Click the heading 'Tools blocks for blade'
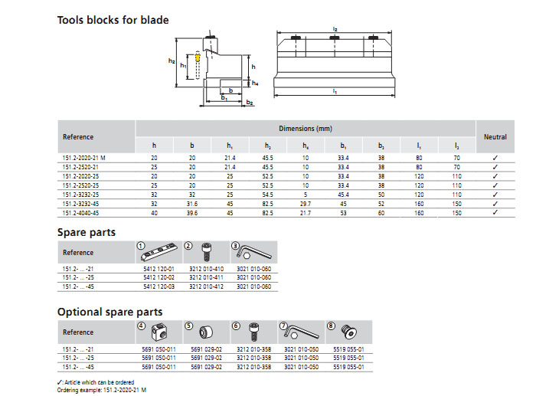coord(113,20)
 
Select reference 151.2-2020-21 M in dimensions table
coord(84,157)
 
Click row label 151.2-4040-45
coord(81,212)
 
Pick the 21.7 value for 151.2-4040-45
coord(306,212)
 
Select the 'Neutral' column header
coord(495,137)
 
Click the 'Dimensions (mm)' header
coord(305,128)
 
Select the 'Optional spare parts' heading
coord(109,312)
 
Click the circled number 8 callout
coord(331,325)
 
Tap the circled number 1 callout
coord(141,244)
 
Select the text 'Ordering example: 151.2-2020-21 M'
coord(103,390)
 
